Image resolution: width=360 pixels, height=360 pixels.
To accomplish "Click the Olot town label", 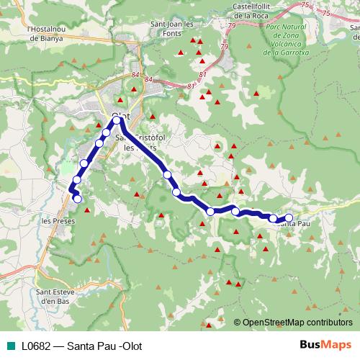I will tap(120, 115).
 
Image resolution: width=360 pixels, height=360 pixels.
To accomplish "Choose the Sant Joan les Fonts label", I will tap(171, 27).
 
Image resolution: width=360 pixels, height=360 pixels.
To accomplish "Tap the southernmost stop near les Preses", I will tap(78, 199).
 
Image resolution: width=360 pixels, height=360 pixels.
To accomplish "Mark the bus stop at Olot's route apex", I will tap(117, 120).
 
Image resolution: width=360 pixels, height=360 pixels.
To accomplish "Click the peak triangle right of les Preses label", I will tap(87, 210).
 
